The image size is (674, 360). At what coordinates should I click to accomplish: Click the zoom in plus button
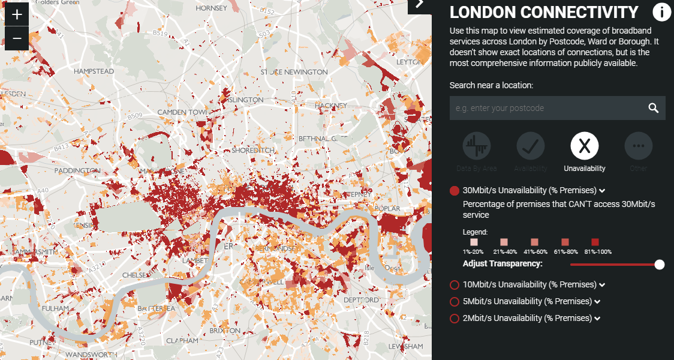click(x=17, y=14)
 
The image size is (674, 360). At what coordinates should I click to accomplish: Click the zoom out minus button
click(x=17, y=39)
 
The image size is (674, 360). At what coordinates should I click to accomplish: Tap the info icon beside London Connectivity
click(x=661, y=13)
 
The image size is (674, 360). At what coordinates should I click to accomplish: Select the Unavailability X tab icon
click(x=585, y=145)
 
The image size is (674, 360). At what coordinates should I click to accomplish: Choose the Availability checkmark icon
click(x=531, y=145)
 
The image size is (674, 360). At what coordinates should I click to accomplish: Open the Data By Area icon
click(x=477, y=145)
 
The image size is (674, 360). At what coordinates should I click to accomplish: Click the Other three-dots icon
click(x=639, y=145)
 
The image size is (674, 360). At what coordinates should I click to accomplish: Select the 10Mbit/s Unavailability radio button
click(x=455, y=284)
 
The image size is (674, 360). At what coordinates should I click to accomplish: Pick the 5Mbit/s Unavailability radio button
click(x=455, y=301)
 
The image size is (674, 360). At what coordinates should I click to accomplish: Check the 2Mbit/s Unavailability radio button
click(x=455, y=318)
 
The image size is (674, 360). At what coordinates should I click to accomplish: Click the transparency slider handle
click(x=660, y=265)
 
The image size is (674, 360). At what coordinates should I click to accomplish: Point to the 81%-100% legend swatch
click(x=595, y=242)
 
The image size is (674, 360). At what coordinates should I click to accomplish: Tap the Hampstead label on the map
click(x=94, y=71)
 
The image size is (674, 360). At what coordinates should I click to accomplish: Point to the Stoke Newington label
click(x=285, y=72)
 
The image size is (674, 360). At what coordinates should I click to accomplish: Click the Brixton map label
click(x=225, y=331)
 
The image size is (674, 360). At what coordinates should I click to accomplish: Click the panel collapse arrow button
click(x=419, y=4)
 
